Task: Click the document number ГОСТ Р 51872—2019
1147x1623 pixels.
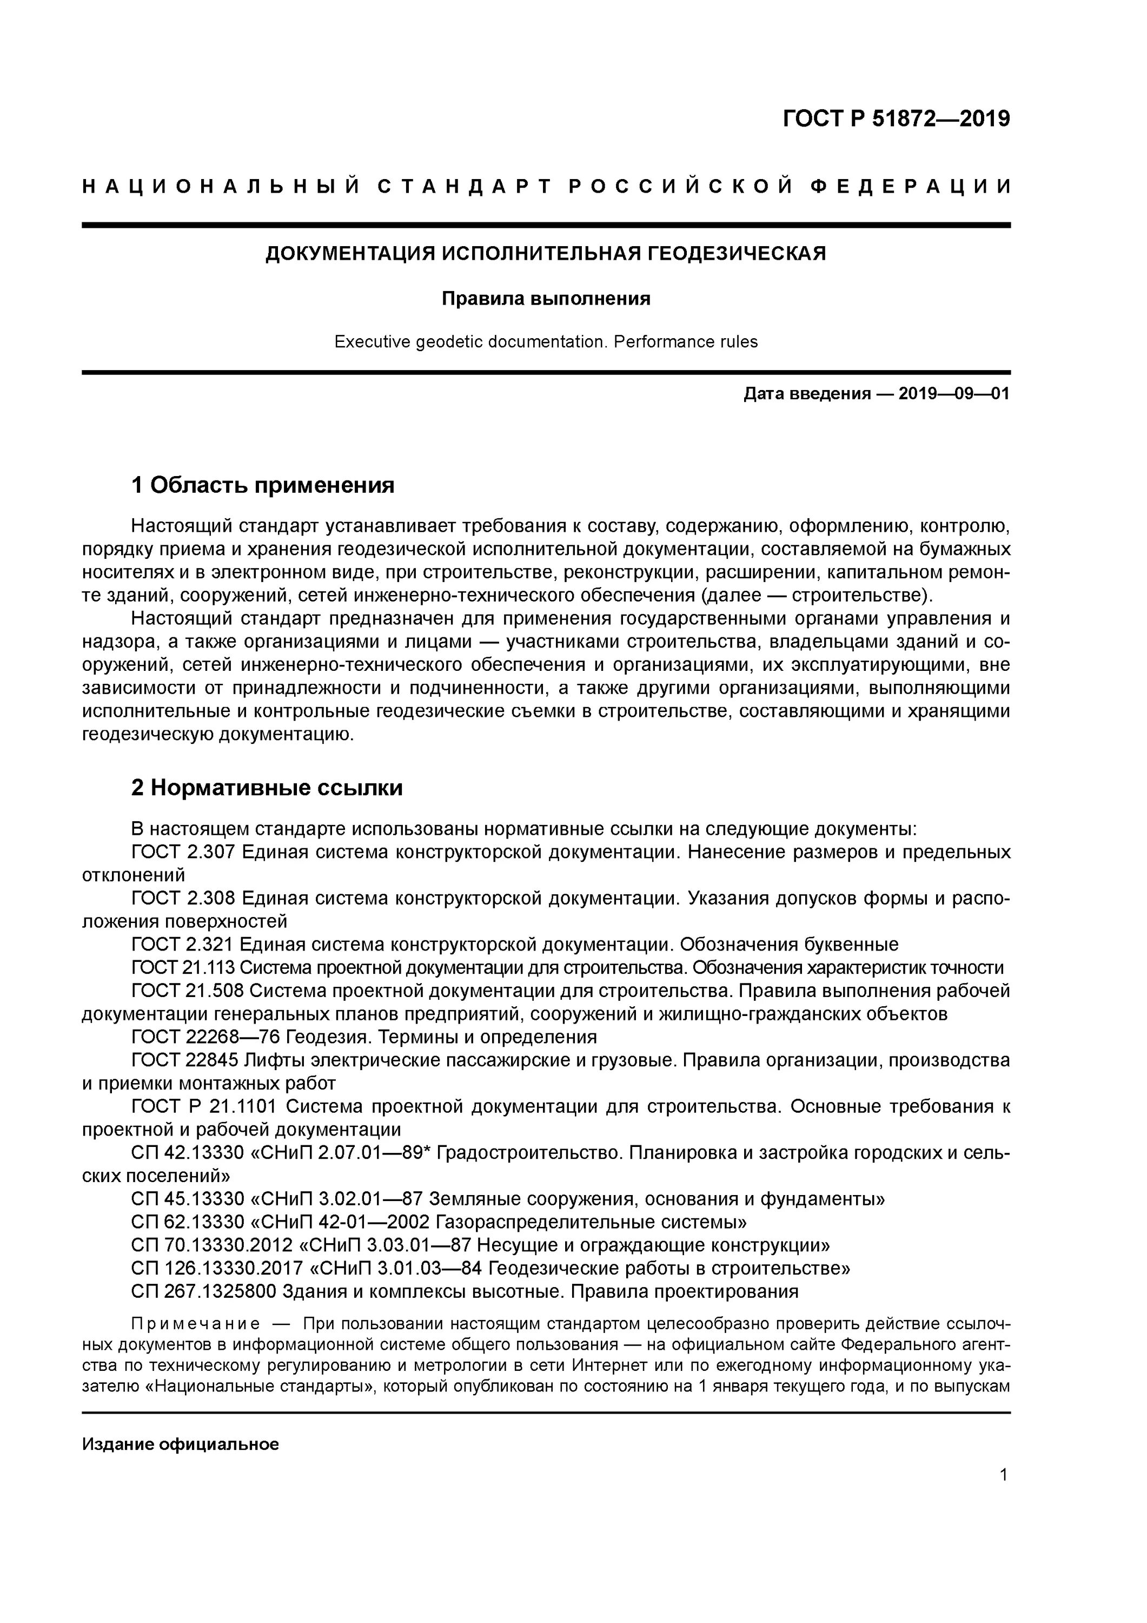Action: pos(896,119)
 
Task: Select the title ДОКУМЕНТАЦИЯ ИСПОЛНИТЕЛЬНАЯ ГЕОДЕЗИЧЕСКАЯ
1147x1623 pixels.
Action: pos(545,253)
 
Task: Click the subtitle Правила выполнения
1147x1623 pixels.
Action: pos(545,299)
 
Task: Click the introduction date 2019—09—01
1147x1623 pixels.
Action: pos(953,394)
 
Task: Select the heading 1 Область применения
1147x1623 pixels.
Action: pos(262,485)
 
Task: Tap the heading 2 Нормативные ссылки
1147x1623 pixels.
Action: pos(267,788)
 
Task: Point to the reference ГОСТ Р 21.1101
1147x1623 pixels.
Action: pos(204,1106)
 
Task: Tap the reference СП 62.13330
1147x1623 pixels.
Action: pos(187,1222)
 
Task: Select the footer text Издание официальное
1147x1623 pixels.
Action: pos(180,1424)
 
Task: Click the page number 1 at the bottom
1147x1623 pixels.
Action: pos(1003,1475)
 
